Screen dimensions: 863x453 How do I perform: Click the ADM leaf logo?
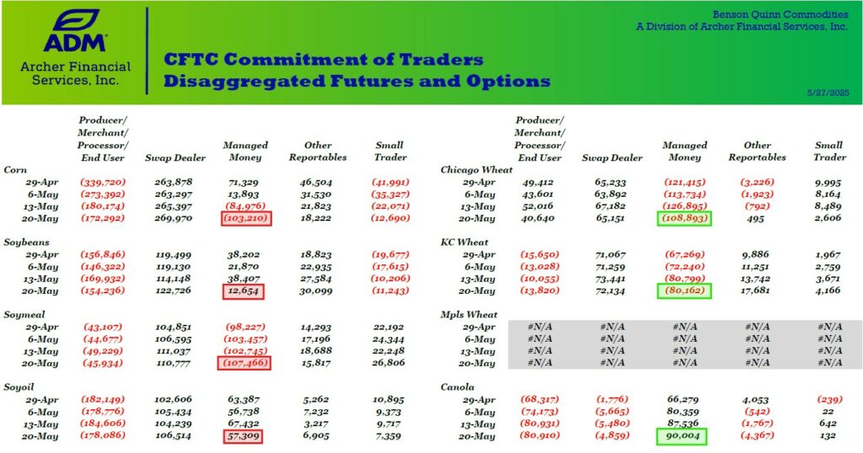click(x=75, y=20)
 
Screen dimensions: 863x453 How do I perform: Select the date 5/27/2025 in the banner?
click(x=828, y=93)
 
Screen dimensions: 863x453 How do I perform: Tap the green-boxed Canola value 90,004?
click(x=682, y=436)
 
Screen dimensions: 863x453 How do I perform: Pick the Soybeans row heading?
click(x=26, y=242)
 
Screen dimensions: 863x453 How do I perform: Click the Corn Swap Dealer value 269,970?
click(x=174, y=218)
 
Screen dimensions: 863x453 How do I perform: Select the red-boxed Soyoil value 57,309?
click(x=244, y=436)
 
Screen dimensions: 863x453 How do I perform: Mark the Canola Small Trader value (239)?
click(x=829, y=400)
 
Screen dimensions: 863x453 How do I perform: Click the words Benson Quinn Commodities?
click(x=780, y=14)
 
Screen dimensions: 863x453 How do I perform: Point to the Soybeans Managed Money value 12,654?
click(x=244, y=291)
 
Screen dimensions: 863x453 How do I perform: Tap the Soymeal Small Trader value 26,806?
click(x=389, y=363)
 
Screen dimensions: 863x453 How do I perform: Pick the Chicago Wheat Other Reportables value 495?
click(x=756, y=218)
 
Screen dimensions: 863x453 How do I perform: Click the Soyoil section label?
click(x=19, y=387)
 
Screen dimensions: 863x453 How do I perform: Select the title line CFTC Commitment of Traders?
click(x=323, y=60)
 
